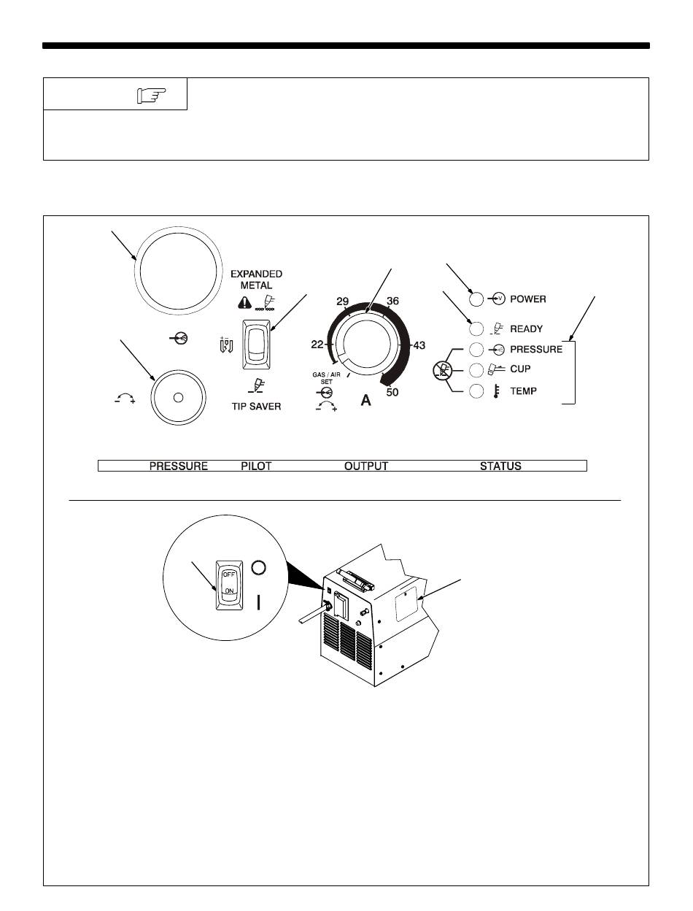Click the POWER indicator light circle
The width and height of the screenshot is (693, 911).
tap(476, 299)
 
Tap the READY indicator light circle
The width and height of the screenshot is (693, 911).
tap(476, 328)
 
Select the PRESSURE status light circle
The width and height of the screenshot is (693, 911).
tap(476, 349)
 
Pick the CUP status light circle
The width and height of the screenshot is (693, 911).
tap(476, 369)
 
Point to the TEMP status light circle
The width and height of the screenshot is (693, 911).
tap(476, 391)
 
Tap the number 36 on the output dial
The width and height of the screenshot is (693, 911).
tap(392, 301)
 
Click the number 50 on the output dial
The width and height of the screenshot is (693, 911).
tap(392, 393)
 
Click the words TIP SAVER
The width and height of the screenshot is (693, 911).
tap(251, 406)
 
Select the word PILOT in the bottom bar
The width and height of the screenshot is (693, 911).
tap(256, 466)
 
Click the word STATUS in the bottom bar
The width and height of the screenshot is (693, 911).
tap(500, 466)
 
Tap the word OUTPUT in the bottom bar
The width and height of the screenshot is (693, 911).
tap(366, 466)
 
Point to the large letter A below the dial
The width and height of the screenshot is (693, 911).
tap(366, 400)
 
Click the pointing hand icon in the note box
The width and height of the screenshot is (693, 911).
tap(151, 95)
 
